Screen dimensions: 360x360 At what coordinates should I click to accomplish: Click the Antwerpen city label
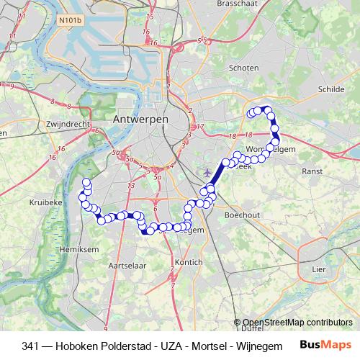click(140, 118)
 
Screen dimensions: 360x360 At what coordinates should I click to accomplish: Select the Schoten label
click(243, 68)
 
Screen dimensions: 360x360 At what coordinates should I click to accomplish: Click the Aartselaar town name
click(122, 266)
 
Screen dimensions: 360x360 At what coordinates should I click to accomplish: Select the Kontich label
click(189, 263)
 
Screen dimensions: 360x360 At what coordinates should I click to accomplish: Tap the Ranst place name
click(313, 171)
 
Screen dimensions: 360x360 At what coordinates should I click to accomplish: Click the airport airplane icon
click(209, 173)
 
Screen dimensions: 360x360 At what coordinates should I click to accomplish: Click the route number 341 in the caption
click(31, 345)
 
